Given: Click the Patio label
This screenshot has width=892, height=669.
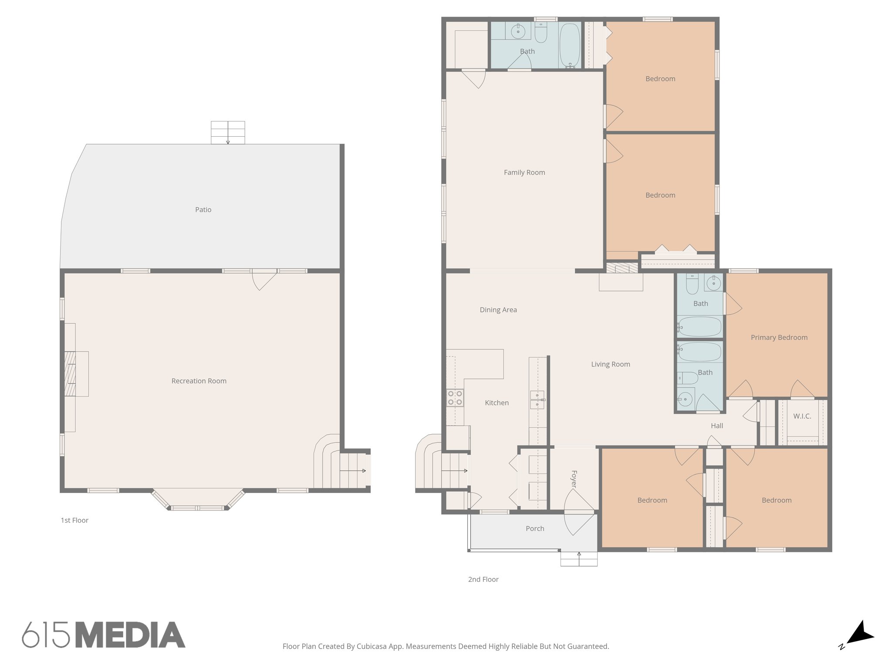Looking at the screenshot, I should click(x=203, y=210).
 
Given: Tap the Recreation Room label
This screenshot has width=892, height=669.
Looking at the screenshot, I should click(x=199, y=381).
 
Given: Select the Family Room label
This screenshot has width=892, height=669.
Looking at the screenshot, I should click(x=524, y=172).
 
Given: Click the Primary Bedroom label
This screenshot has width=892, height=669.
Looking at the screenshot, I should click(x=779, y=338).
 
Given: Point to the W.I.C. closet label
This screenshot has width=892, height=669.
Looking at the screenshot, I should click(x=802, y=416).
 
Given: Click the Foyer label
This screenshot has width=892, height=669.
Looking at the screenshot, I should click(x=574, y=479).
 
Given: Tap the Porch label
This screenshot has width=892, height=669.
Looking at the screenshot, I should click(x=535, y=529).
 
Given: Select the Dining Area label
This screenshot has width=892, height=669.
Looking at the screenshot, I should click(x=498, y=310).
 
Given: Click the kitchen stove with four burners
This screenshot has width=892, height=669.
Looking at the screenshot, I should click(x=455, y=398).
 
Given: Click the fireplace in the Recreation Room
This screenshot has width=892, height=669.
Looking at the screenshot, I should click(x=71, y=374).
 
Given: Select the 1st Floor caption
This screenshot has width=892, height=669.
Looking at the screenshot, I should click(x=74, y=520).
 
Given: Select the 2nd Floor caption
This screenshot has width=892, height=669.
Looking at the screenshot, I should click(x=483, y=580).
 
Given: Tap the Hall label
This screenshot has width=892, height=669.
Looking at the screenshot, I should click(x=716, y=426).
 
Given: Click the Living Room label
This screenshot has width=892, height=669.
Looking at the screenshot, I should click(x=610, y=365).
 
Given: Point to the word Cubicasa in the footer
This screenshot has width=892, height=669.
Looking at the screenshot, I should click(x=373, y=647).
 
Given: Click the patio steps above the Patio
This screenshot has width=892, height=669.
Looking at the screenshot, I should click(x=228, y=132).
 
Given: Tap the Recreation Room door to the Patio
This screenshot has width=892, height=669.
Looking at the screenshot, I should click(x=264, y=279).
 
